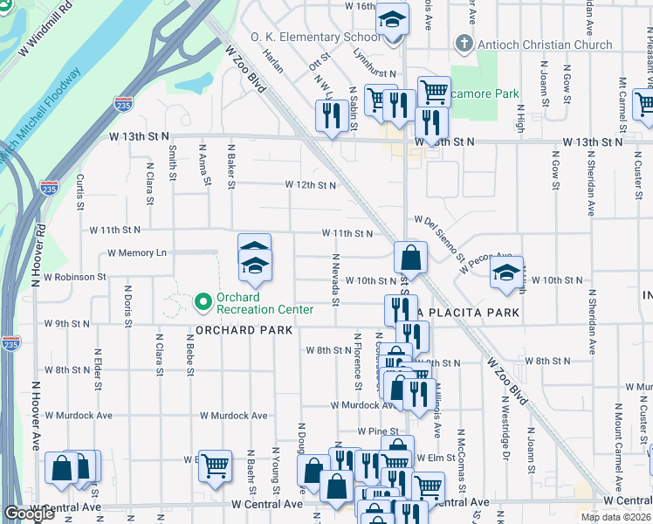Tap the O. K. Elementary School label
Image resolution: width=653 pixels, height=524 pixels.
pyautogui.click(x=315, y=37)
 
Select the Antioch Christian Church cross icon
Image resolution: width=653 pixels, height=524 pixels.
pyautogui.click(x=463, y=45)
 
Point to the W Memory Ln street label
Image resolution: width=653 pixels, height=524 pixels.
pyautogui.click(x=136, y=253)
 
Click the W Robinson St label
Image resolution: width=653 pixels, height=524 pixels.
pyautogui.click(x=74, y=277)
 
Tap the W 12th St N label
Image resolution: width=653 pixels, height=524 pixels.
pyautogui.click(x=310, y=185)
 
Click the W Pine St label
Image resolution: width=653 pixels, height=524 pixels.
pyautogui.click(x=379, y=431)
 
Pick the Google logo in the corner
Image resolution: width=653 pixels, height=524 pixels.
pyautogui.click(x=30, y=514)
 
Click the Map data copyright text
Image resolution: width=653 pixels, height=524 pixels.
pyautogui.click(x=616, y=517)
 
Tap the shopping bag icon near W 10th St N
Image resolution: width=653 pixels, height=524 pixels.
pyautogui.click(x=410, y=258)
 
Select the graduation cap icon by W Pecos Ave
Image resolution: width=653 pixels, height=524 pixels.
pyautogui.click(x=506, y=272)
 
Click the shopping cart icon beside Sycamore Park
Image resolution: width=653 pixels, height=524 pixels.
pyautogui.click(x=433, y=91)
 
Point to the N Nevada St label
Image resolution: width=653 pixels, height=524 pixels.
pyautogui.click(x=335, y=280)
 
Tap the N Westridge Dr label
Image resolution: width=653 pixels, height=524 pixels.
pyautogui.click(x=505, y=423)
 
